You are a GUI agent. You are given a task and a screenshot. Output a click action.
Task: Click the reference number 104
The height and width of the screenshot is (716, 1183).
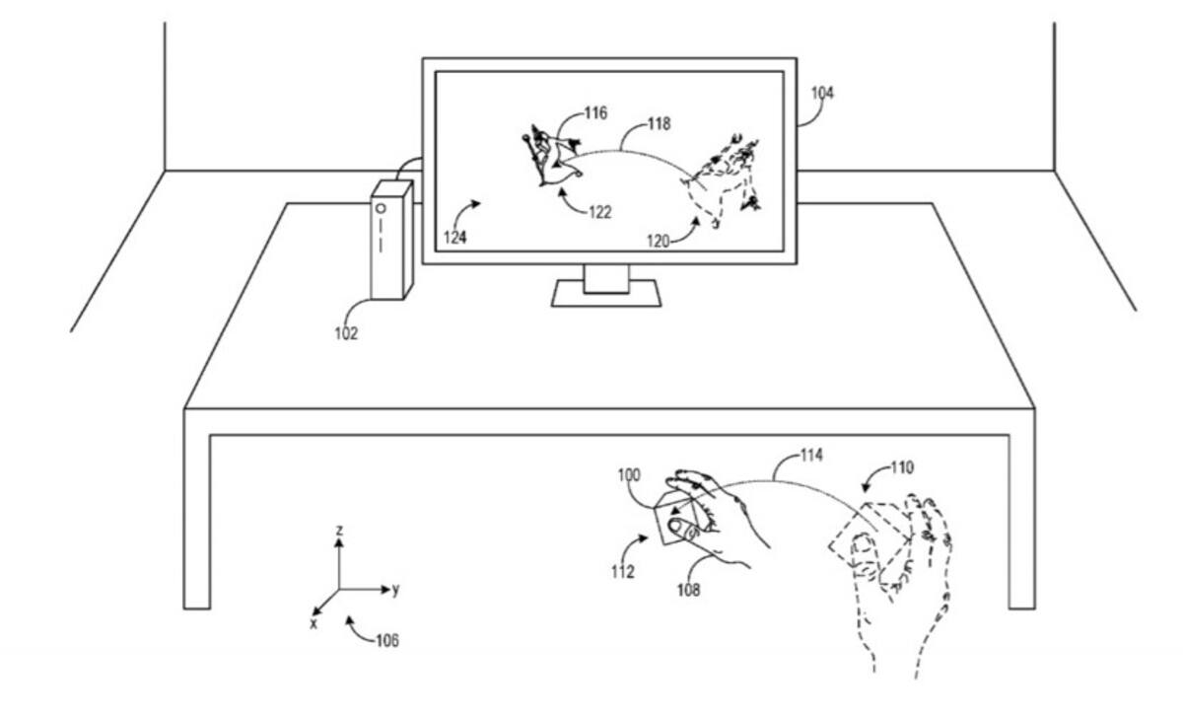click(822, 94)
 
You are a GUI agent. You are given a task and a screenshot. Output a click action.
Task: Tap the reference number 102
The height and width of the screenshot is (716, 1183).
click(346, 333)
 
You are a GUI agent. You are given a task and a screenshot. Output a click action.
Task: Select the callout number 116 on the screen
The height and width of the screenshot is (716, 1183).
click(595, 113)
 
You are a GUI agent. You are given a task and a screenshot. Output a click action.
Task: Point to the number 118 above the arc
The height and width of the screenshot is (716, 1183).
click(660, 123)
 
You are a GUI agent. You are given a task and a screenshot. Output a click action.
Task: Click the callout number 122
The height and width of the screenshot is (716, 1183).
click(600, 212)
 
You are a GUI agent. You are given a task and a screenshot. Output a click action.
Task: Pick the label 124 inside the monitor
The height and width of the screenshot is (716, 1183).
click(454, 238)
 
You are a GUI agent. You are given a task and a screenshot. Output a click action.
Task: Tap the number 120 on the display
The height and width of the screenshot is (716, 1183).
click(659, 242)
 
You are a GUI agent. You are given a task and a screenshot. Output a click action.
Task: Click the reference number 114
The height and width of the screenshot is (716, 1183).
click(811, 455)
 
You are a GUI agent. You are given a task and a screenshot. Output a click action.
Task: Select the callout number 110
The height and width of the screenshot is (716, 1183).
click(902, 467)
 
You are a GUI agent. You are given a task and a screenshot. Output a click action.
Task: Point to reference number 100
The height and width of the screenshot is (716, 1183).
click(629, 475)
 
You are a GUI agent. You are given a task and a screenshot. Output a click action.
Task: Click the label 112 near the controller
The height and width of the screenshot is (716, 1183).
click(623, 572)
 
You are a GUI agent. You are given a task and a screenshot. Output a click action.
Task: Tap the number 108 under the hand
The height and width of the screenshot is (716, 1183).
click(689, 590)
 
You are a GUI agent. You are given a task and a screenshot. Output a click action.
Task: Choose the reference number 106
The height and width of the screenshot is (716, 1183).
click(387, 641)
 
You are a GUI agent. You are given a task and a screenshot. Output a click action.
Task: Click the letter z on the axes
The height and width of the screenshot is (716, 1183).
click(339, 530)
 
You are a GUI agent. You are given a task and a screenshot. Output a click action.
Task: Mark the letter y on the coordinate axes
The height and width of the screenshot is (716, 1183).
click(396, 589)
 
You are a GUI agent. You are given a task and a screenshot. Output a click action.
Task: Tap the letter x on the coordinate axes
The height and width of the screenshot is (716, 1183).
click(313, 624)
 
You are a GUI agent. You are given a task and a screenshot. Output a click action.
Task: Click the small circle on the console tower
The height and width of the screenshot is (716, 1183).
click(381, 209)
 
